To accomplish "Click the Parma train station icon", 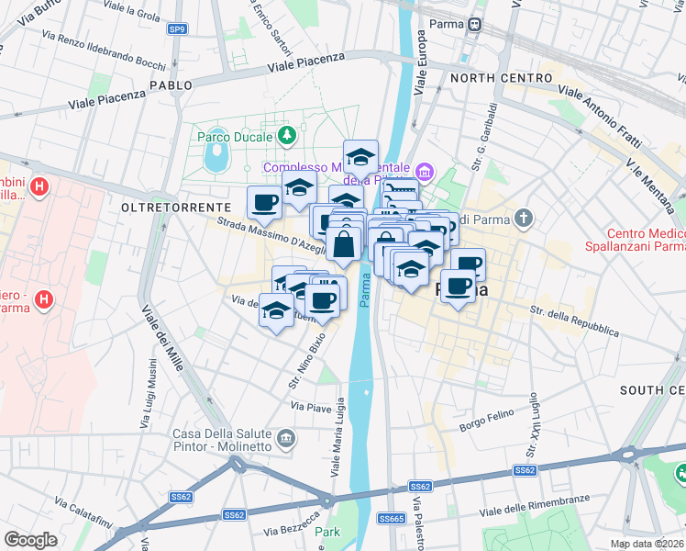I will click(475, 26).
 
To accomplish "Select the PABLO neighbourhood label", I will click(171, 85).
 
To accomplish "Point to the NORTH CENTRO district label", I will click(500, 79).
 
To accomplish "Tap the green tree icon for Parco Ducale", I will click(287, 136).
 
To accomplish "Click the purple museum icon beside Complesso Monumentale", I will click(424, 170).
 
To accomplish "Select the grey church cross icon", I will click(523, 218).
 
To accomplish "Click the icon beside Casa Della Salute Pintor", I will click(287, 439).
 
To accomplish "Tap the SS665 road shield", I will click(393, 519).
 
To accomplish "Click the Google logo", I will click(31, 540).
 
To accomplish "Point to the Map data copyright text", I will click(648, 545).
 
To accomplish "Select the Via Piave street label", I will click(310, 405).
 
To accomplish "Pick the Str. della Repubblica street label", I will click(574, 320).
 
